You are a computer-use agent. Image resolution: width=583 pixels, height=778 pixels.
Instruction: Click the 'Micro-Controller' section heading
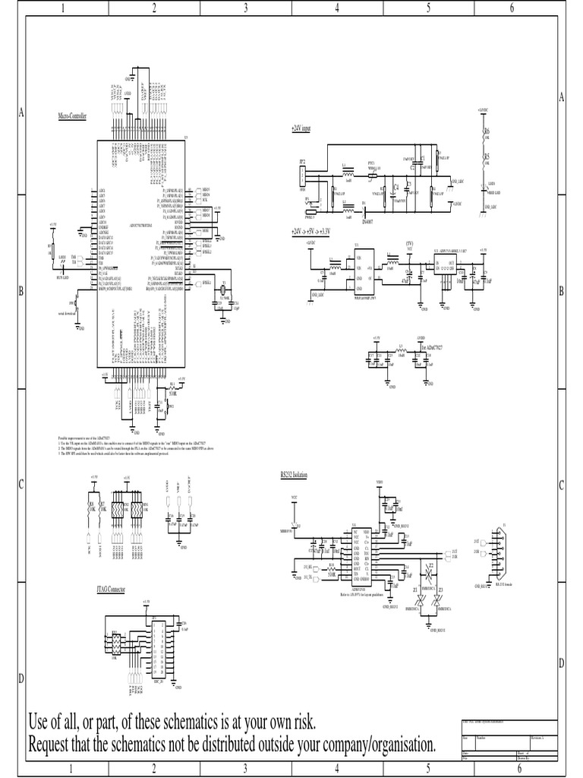73,116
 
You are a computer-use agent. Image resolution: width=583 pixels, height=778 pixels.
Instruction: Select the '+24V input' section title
301,129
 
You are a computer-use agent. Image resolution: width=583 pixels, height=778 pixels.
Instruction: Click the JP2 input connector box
302,178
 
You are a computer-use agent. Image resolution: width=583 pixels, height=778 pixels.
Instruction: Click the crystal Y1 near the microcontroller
224,290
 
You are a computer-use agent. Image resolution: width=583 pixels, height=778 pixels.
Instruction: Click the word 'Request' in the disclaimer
52,743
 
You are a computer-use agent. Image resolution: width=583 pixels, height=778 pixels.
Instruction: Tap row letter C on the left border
21,485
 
